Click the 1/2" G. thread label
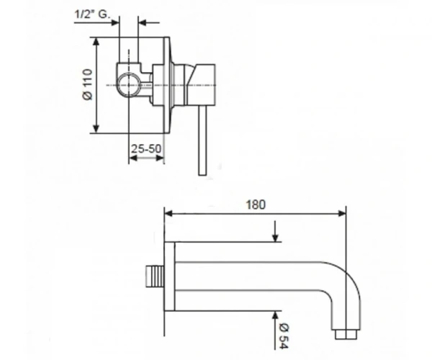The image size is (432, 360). [x=92, y=14]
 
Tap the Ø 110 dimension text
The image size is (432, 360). [x=88, y=84]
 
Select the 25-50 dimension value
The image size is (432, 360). [x=145, y=149]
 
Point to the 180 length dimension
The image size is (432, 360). [x=256, y=204]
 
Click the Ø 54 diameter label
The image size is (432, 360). [x=284, y=336]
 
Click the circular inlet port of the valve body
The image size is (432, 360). [x=128, y=84]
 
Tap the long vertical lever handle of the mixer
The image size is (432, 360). [x=202, y=140]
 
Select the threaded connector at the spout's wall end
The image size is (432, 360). [x=155, y=276]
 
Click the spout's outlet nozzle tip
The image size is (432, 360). [x=346, y=334]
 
